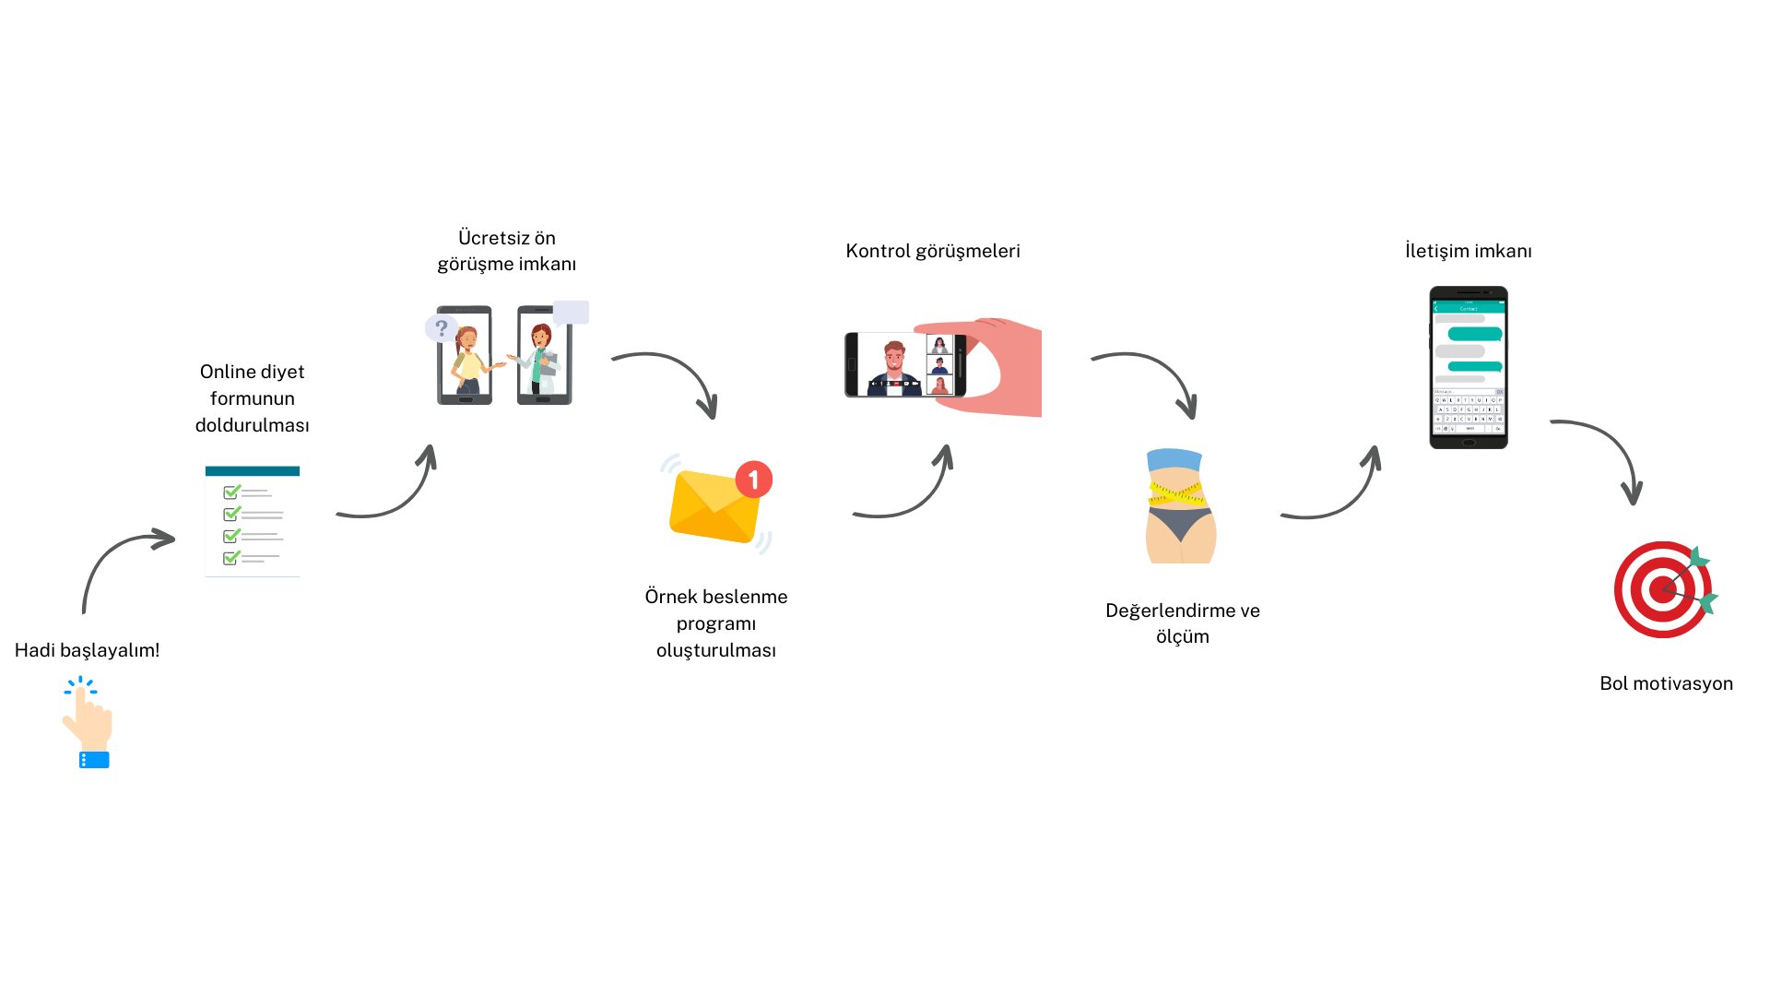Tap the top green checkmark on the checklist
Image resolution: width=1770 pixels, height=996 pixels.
pos(232,492)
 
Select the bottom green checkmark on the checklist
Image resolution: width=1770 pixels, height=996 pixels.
pos(231,557)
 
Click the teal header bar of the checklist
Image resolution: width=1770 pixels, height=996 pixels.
pos(252,470)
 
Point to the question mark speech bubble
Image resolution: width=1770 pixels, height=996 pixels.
pos(441,327)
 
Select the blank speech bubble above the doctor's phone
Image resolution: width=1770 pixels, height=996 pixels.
pos(571,313)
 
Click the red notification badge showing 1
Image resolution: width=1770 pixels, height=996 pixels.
pos(753,480)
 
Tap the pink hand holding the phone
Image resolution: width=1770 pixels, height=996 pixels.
pos(1009,369)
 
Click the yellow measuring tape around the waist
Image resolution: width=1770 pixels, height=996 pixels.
pos(1175,493)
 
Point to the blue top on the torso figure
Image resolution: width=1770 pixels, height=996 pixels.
pos(1174,459)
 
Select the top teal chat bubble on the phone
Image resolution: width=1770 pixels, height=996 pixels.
pos(1475,334)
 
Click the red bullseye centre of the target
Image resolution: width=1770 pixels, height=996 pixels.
pos(1662,589)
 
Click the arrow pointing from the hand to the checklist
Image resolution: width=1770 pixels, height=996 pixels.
pos(120,558)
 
